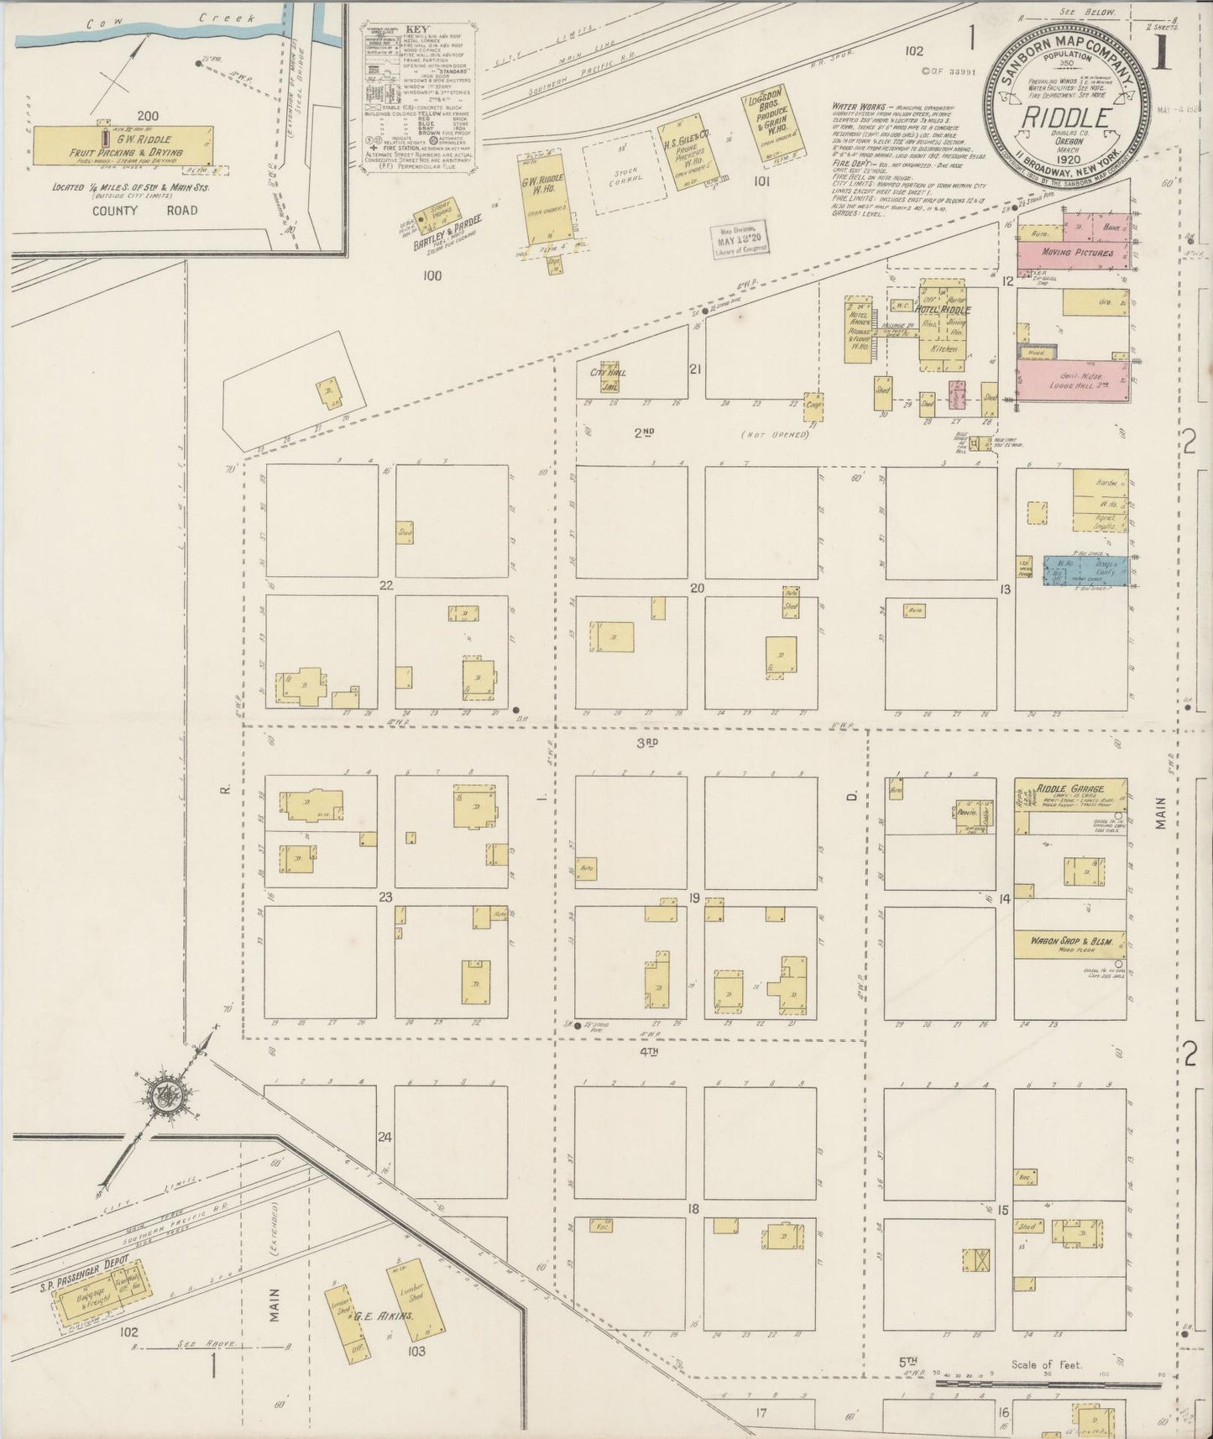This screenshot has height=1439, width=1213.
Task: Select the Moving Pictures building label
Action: [1077, 253]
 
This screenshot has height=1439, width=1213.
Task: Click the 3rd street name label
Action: [646, 742]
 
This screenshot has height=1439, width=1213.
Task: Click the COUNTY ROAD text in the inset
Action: [146, 210]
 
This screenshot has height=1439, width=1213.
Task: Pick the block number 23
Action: [385, 897]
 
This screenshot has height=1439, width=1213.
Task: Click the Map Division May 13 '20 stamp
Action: [737, 240]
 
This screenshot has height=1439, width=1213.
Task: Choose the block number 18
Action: [694, 1208]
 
